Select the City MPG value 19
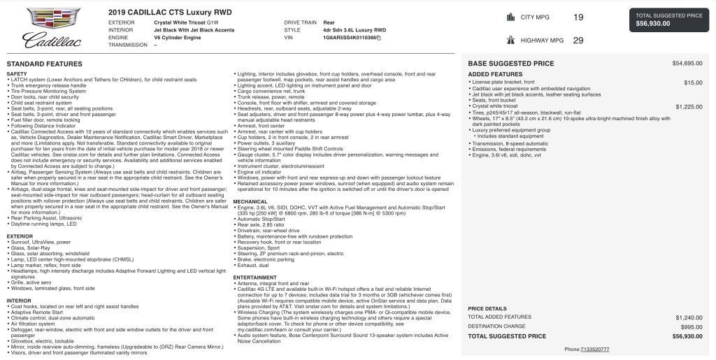tap(578, 17)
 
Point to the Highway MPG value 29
tap(578, 41)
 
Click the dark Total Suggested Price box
tap(669, 20)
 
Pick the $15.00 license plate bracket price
tap(693, 82)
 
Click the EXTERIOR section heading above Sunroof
tap(20, 236)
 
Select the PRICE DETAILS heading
tap(487, 308)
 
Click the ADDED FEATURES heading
tap(495, 73)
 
